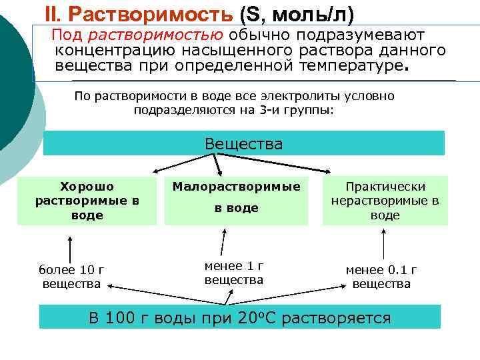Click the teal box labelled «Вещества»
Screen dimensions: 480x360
pos(243,143)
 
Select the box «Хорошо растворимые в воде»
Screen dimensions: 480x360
pos(87,201)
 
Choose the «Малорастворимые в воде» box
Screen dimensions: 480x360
pos(236,199)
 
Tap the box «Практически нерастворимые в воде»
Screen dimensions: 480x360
pos(385,201)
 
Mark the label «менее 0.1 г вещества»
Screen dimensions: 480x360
pos(381,277)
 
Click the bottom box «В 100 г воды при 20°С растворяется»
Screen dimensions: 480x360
pos(240,317)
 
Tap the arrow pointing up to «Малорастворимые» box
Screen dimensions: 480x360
pos(225,243)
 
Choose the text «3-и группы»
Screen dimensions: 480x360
pos(297,109)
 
